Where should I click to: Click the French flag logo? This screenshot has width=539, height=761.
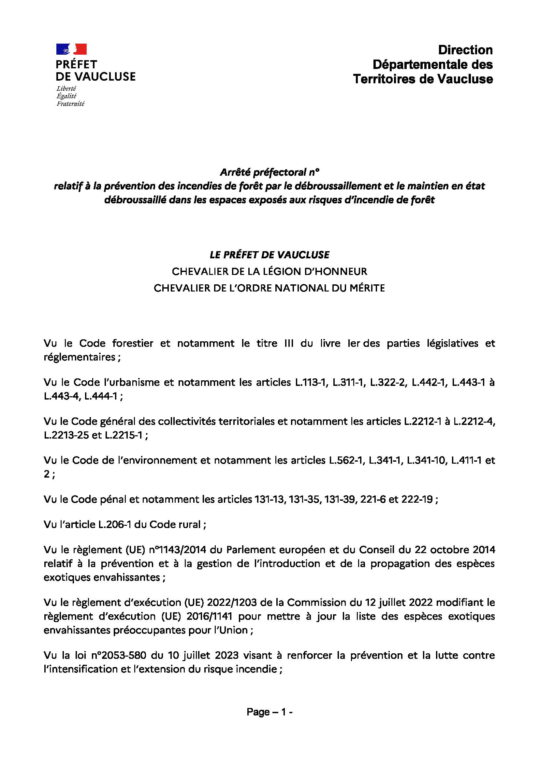[x=71, y=49]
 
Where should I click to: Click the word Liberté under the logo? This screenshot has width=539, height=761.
[x=66, y=88]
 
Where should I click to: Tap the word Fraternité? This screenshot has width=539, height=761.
[x=70, y=104]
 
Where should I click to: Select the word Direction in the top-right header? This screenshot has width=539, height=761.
[x=465, y=50]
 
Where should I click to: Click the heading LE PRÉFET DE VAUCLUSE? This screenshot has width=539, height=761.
[x=269, y=254]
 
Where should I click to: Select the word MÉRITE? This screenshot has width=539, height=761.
[x=365, y=288]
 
